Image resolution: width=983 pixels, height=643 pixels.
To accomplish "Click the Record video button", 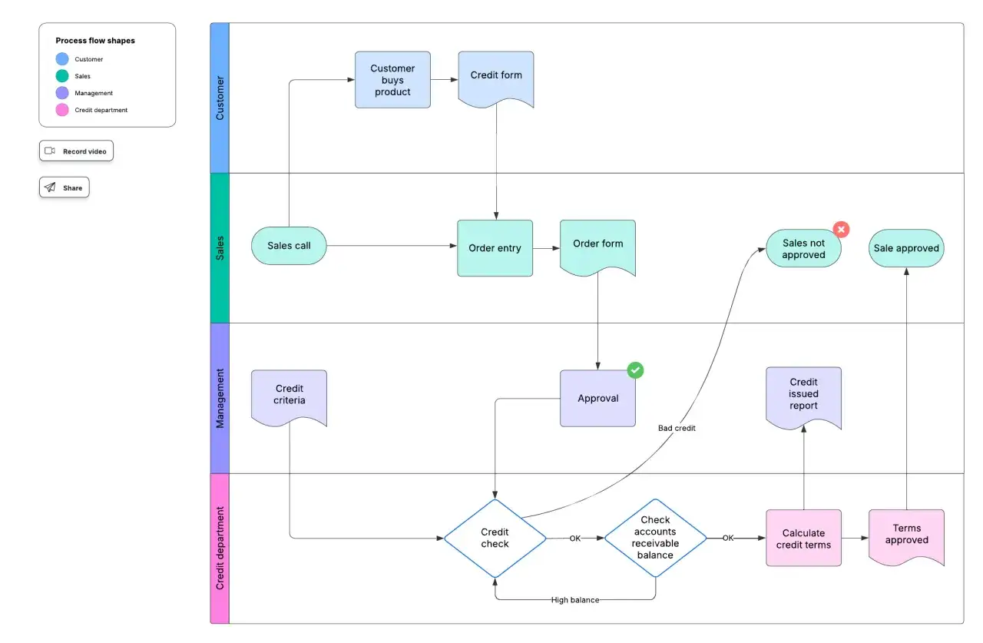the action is pyautogui.click(x=76, y=151).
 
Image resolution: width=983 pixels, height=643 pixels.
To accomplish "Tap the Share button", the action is pyautogui.click(x=64, y=187).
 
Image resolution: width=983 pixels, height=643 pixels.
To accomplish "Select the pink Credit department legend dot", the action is pyautogui.click(x=62, y=110).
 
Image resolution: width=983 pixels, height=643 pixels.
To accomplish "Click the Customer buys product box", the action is pyautogui.click(x=392, y=80).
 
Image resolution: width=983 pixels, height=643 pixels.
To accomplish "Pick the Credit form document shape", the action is pyautogui.click(x=496, y=79).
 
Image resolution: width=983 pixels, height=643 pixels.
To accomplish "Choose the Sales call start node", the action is pyautogui.click(x=289, y=246).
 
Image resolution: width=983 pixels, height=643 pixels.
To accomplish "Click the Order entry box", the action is pyautogui.click(x=495, y=248).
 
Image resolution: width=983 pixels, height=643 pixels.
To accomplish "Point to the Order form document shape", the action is pyautogui.click(x=597, y=247).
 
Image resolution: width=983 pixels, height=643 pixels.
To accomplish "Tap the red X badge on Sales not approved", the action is pyautogui.click(x=841, y=229).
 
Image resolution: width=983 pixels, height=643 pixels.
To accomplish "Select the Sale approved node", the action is pyautogui.click(x=906, y=248).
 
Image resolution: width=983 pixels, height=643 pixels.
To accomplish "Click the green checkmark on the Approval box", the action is pyautogui.click(x=635, y=370).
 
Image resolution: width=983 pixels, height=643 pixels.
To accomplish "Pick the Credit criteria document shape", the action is pyautogui.click(x=290, y=398).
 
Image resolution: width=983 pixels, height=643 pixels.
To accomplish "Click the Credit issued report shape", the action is pyautogui.click(x=803, y=398).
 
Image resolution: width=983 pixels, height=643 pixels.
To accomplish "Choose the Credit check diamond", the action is pyautogui.click(x=495, y=538).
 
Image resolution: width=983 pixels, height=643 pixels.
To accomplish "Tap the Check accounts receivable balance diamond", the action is pyautogui.click(x=655, y=538).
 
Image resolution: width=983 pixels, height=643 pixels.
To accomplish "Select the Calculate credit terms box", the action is pyautogui.click(x=803, y=538).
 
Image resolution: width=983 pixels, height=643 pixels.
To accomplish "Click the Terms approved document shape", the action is pyautogui.click(x=907, y=537).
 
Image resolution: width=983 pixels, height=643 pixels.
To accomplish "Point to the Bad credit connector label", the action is pyautogui.click(x=677, y=428).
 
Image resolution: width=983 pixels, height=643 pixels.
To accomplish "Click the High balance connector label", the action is pyautogui.click(x=575, y=600).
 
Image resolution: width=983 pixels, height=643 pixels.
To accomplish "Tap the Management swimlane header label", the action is pyautogui.click(x=220, y=398).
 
